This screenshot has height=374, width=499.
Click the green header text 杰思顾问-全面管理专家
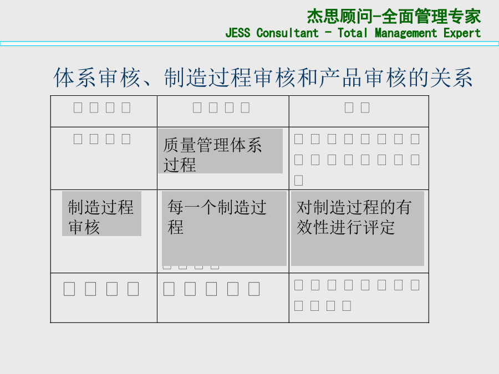394,16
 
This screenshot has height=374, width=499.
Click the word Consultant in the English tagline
287,33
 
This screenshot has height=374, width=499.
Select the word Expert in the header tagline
462,33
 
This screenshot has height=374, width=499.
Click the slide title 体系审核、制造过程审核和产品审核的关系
263,78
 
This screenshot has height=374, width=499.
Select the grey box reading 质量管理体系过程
220,151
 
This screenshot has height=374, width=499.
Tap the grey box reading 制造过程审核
101,214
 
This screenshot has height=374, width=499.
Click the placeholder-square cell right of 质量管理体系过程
358,158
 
